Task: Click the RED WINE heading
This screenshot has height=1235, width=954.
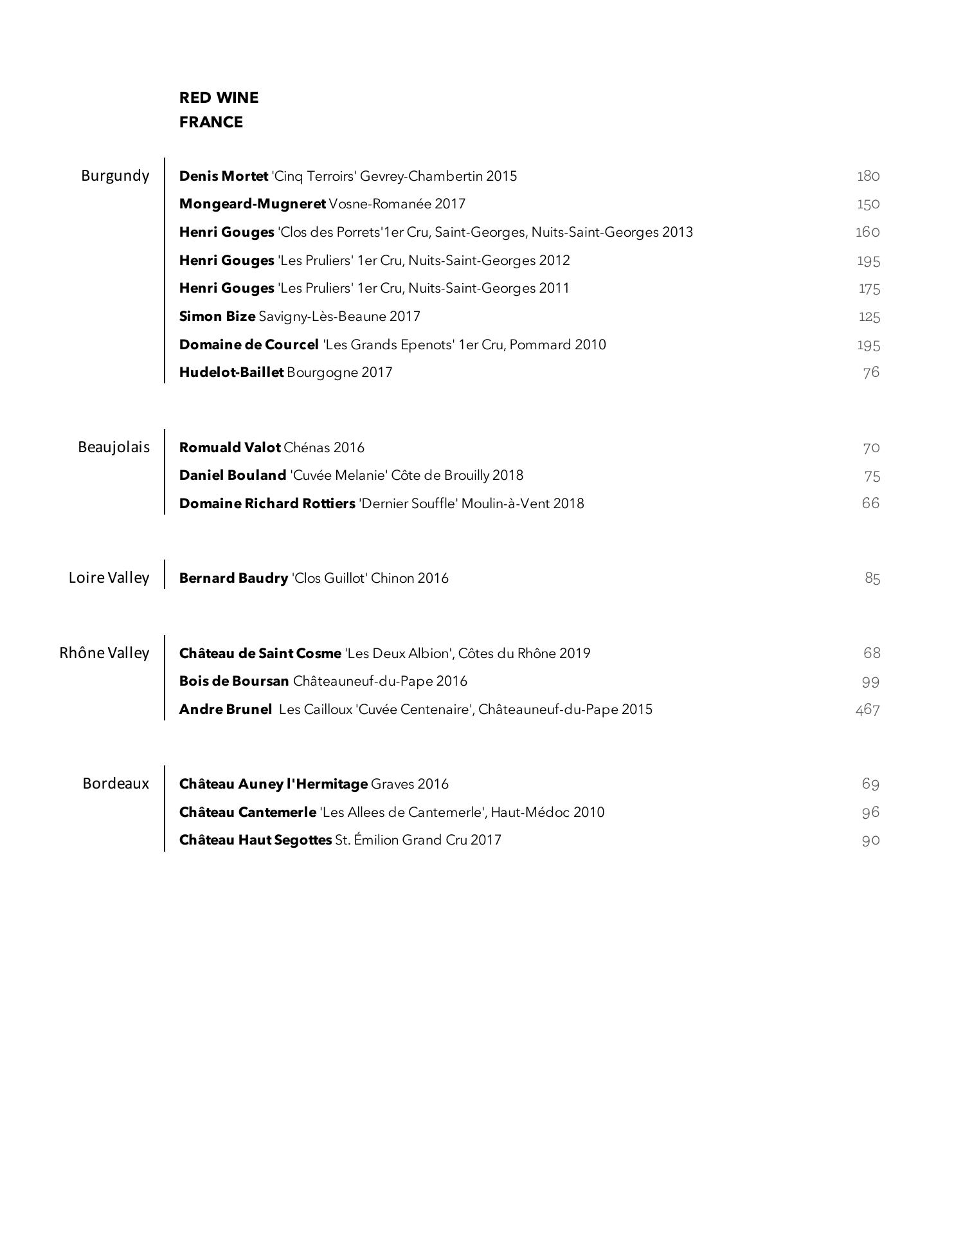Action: pyautogui.click(x=219, y=98)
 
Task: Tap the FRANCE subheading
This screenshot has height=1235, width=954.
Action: pyautogui.click(x=211, y=122)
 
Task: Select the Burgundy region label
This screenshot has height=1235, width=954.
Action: pyautogui.click(x=115, y=176)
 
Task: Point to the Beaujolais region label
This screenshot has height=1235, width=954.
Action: pyautogui.click(x=114, y=447)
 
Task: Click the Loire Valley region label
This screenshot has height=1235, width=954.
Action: pyautogui.click(x=109, y=578)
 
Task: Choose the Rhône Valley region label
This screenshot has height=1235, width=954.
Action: pyautogui.click(x=104, y=653)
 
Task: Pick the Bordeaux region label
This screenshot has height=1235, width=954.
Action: pyautogui.click(x=116, y=783)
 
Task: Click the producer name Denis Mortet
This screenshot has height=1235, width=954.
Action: pyautogui.click(x=223, y=176)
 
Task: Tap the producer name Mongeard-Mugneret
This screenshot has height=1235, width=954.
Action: pyautogui.click(x=252, y=204)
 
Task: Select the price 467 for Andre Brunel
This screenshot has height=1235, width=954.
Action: pyautogui.click(x=867, y=709)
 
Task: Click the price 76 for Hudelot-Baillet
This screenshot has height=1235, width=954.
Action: pyautogui.click(x=871, y=372)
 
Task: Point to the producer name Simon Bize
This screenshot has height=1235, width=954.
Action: pyautogui.click(x=217, y=316)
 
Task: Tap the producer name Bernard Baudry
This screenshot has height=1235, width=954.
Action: pyautogui.click(x=233, y=578)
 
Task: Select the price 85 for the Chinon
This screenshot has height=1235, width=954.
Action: pyautogui.click(x=872, y=578)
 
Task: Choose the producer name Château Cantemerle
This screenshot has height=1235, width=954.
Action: pyautogui.click(x=248, y=812)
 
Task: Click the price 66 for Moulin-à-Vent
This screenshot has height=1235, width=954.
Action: pyautogui.click(x=870, y=503)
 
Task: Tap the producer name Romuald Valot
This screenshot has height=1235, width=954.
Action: pyautogui.click(x=230, y=448)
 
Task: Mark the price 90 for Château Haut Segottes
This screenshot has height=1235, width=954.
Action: pyautogui.click(x=870, y=840)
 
